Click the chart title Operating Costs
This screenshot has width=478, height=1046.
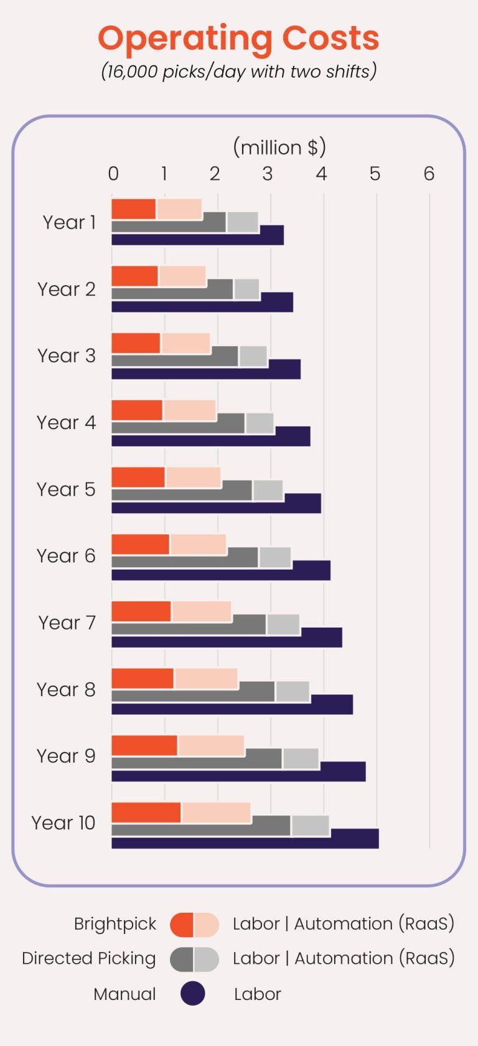click(x=238, y=38)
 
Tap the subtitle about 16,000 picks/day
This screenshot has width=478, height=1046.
click(x=238, y=72)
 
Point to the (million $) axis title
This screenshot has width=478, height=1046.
click(x=279, y=148)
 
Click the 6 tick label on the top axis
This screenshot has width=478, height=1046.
click(x=429, y=174)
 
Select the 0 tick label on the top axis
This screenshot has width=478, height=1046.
click(x=113, y=174)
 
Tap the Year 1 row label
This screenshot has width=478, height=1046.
click(x=69, y=222)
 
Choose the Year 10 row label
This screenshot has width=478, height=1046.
click(x=63, y=822)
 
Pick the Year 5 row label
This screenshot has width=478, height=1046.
click(x=66, y=489)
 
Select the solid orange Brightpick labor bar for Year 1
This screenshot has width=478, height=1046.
click(x=133, y=209)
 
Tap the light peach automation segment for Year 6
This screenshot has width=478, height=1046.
click(x=198, y=544)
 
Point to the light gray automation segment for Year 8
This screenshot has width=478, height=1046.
click(x=293, y=692)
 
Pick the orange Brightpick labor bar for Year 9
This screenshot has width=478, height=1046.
click(x=144, y=745)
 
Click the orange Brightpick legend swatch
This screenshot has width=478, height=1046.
click(x=182, y=925)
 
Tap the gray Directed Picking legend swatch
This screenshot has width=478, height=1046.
click(x=182, y=959)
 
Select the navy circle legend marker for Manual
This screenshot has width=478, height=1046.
click(x=193, y=994)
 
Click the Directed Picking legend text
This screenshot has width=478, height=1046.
click(x=88, y=958)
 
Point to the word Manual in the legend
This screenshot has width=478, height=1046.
click(x=124, y=994)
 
